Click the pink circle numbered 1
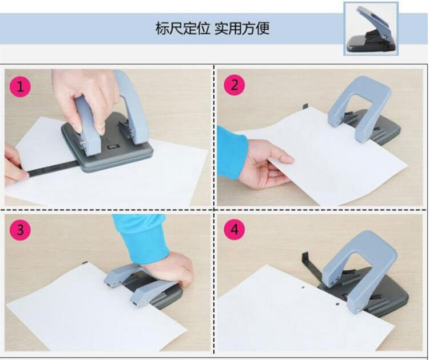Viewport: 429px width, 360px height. [x=20, y=86]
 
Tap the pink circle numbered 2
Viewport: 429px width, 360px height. [x=235, y=85]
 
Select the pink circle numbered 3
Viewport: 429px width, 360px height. [x=20, y=230]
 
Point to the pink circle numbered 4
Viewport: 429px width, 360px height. [x=235, y=229]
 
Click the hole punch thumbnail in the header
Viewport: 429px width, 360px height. [x=371, y=29]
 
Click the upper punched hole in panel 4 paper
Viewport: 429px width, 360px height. [x=303, y=287]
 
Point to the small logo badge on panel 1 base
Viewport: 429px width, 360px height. [x=112, y=147]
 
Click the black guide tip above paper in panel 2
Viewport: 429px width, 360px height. [x=305, y=107]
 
